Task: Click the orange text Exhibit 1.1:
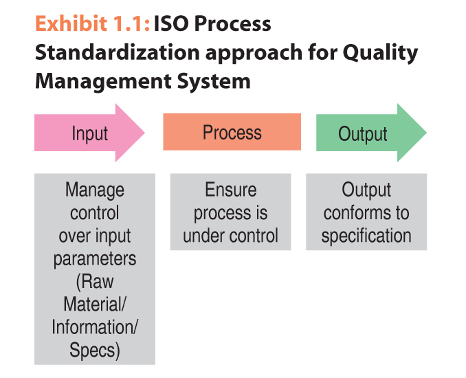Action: click(x=92, y=23)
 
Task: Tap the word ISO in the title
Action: click(x=171, y=23)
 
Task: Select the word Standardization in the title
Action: click(x=118, y=52)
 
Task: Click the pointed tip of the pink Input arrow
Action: click(x=144, y=133)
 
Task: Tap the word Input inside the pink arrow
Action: click(x=90, y=134)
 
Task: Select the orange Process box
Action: click(x=232, y=132)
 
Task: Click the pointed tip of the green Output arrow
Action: click(x=426, y=133)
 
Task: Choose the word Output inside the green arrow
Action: click(x=363, y=134)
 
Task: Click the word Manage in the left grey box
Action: click(x=95, y=191)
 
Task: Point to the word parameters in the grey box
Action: click(x=95, y=259)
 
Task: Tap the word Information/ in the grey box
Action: click(x=95, y=327)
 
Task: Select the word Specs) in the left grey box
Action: click(x=95, y=351)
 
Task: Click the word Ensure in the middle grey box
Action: click(x=231, y=190)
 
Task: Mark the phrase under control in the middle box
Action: click(x=231, y=236)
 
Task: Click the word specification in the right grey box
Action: click(x=366, y=236)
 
